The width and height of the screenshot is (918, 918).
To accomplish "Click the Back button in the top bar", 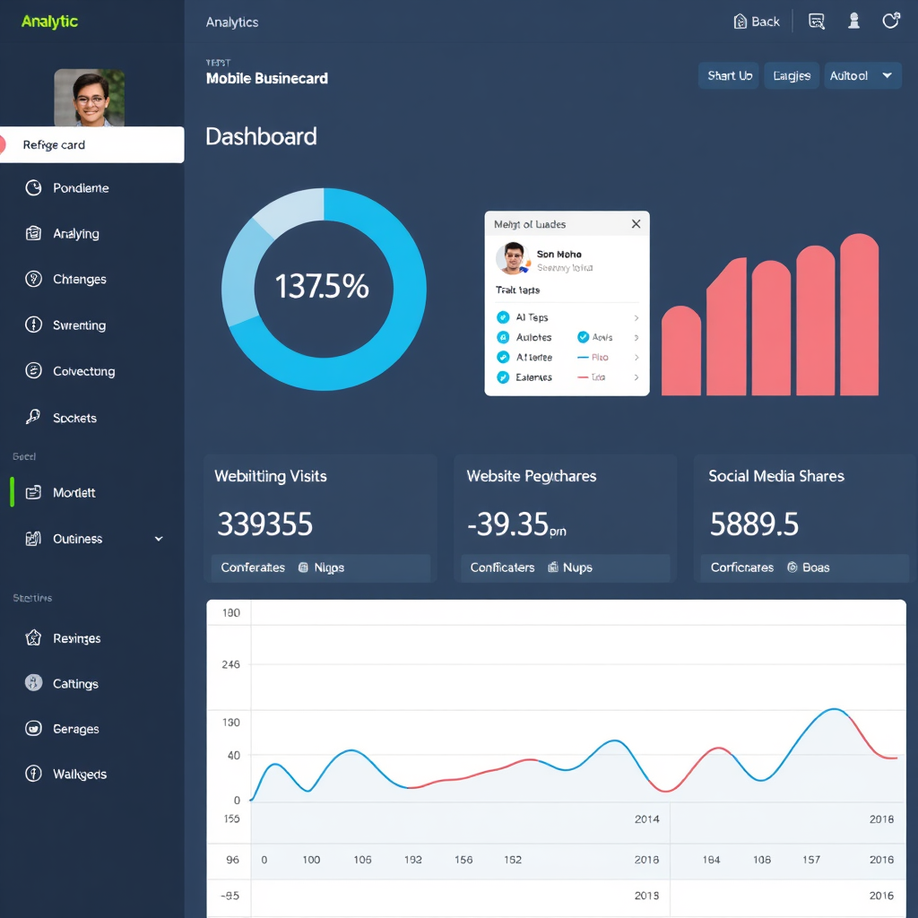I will [757, 22].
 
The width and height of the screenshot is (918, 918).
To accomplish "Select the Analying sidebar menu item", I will [75, 234].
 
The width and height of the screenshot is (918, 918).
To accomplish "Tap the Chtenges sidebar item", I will [79, 280].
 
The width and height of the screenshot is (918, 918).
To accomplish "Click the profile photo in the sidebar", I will [89, 98].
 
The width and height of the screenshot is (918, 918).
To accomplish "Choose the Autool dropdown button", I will [862, 76].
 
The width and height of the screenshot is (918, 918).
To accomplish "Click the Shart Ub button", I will [729, 76].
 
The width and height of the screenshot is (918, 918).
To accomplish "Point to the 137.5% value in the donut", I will [322, 287].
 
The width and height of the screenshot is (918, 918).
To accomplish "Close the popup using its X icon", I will [636, 224].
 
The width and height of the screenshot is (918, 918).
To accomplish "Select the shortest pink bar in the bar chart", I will [680, 351].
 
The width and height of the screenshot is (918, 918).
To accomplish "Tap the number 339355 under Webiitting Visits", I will [264, 524].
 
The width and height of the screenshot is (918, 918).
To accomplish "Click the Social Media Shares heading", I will [775, 476].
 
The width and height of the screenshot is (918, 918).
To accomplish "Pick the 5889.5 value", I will [753, 524].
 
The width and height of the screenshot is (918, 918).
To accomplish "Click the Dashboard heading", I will [261, 136].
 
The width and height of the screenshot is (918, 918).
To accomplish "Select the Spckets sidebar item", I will [74, 418].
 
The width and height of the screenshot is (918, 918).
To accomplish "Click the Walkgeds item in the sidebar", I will [79, 775].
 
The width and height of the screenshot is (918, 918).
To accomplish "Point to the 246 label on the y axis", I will [230, 665].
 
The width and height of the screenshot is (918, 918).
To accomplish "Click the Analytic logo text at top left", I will [49, 22].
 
